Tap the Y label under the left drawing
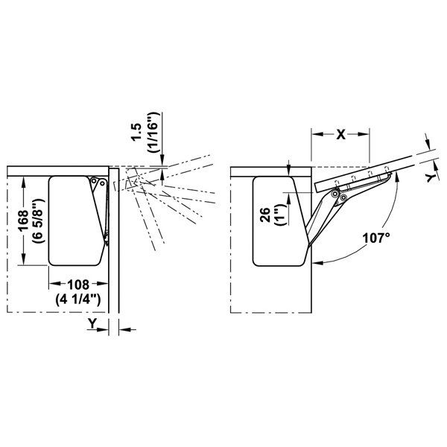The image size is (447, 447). coord(91,323)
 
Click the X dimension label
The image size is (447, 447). coord(340,135)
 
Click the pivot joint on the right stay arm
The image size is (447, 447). coord(337,195)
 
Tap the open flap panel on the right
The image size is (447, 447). coord(365,169)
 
